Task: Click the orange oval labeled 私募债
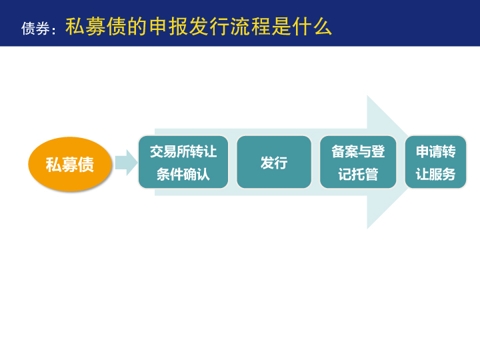[x=70, y=164]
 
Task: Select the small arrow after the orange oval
[x=126, y=163]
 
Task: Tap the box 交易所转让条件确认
[x=183, y=162]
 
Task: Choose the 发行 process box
[x=274, y=162]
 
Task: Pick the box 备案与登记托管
[x=358, y=162]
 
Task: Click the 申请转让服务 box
[x=435, y=162]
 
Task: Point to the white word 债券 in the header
[x=35, y=29]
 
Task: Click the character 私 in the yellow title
[x=75, y=26]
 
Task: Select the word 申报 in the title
[x=169, y=26]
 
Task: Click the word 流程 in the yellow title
[x=251, y=26]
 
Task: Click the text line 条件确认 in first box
[x=183, y=174]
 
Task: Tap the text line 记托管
[x=358, y=174]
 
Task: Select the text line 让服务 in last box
[x=435, y=174]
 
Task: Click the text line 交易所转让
[x=183, y=151]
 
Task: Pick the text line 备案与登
[x=358, y=151]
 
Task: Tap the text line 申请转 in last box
[x=435, y=151]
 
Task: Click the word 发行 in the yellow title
[x=209, y=26]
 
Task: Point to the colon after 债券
[x=54, y=31]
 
